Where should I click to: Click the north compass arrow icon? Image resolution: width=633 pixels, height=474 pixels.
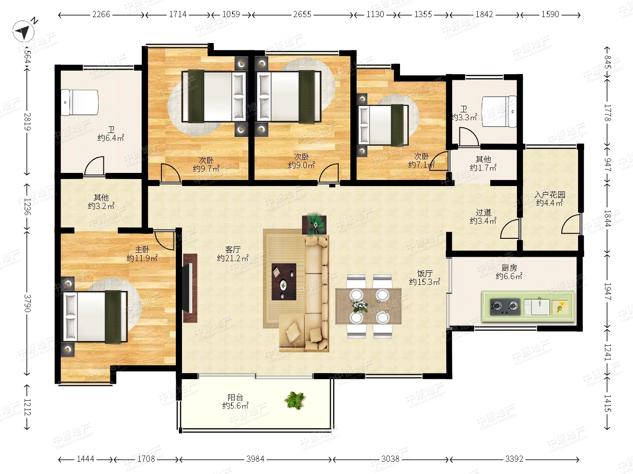tap(23, 31)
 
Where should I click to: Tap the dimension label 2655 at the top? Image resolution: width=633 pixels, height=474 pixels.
tap(302, 14)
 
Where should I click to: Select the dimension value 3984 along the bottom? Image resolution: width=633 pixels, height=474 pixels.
tap(255, 459)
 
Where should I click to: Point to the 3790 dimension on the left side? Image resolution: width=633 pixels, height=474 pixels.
tap(27, 303)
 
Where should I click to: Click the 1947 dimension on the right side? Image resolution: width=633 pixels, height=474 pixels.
tap(607, 291)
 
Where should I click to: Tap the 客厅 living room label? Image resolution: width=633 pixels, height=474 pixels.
tap(233, 249)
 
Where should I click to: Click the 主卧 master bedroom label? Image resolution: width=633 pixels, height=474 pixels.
tap(142, 249)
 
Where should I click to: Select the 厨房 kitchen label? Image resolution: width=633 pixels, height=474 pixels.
tap(509, 268)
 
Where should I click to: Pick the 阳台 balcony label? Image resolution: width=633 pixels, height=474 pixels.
tap(235, 398)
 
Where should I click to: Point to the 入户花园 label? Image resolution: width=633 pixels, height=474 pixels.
tap(549, 194)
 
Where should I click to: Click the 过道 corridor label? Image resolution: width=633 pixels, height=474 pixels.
tap(484, 212)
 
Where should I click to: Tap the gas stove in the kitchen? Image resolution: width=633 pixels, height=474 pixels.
tap(505, 307)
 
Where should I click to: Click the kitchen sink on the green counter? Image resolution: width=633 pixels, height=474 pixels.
tap(537, 307)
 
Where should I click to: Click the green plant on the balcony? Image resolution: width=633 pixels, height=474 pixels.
tap(295, 400)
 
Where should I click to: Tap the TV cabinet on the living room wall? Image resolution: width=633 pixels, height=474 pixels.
tap(190, 288)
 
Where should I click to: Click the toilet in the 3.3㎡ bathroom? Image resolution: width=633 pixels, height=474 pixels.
tap(499, 111)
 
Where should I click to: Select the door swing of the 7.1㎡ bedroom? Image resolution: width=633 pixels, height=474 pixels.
tap(439, 161)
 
